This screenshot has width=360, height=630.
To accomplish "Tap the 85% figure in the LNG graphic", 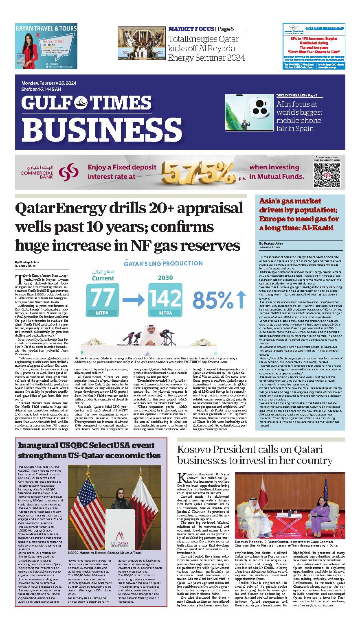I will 220,300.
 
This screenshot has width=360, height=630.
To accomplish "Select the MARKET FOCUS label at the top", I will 191,29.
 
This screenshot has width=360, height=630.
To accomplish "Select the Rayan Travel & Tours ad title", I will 46,28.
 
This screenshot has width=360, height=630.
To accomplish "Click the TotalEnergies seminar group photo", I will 141,43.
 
